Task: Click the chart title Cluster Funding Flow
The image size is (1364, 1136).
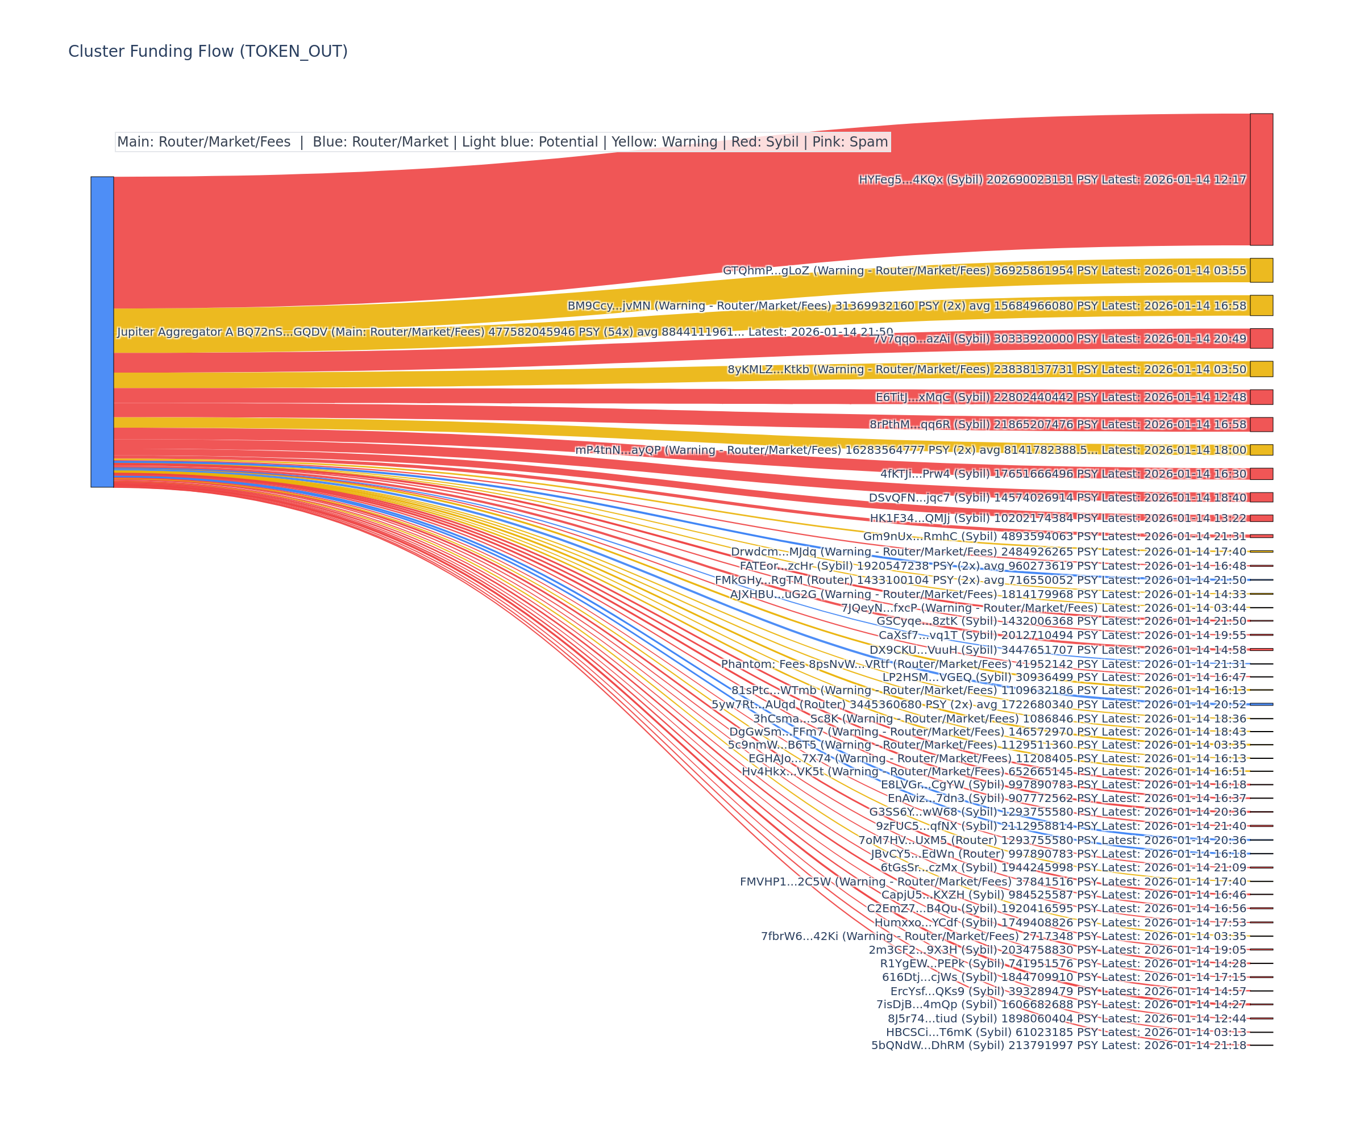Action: pos(208,51)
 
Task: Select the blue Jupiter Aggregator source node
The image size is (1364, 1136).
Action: pos(102,332)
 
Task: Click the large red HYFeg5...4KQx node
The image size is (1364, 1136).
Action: pos(1261,179)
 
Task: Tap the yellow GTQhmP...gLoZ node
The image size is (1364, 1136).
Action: pos(1261,270)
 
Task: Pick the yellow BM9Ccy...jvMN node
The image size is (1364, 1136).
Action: pos(1261,305)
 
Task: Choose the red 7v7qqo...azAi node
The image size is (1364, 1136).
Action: pos(1261,338)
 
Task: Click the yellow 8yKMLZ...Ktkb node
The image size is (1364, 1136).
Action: pos(1261,369)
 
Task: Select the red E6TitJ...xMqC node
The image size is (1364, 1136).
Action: pos(1261,396)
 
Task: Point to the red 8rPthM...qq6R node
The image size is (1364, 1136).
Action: pos(1261,424)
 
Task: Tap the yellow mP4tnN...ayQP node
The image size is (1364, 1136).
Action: pos(1261,450)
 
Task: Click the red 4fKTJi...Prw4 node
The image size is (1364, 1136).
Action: pos(1261,474)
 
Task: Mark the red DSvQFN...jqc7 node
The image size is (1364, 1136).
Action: pos(1261,497)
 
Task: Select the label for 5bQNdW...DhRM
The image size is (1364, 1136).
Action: pos(1059,1045)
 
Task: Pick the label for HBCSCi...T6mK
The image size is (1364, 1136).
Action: pos(1066,1032)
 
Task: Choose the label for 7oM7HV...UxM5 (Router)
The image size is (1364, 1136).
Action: pos(1052,840)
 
